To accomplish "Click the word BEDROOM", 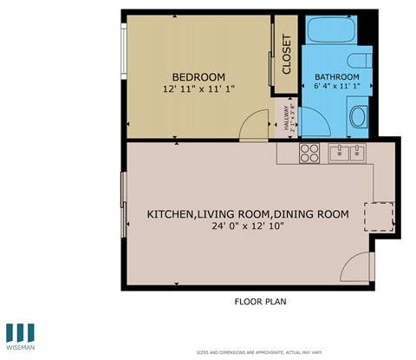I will pos(198,75).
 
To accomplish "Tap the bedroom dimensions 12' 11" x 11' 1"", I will pos(198,88).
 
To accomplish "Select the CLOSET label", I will pos(287,56).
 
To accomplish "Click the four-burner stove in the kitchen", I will pos(309,154).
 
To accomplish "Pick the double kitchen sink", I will pos(348,154).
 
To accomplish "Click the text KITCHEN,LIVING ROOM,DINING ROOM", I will pos(247,214).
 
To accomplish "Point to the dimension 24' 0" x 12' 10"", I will pos(247,227).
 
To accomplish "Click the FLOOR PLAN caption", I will pos(260,302).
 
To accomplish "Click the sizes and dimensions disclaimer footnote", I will pos(259,352).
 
